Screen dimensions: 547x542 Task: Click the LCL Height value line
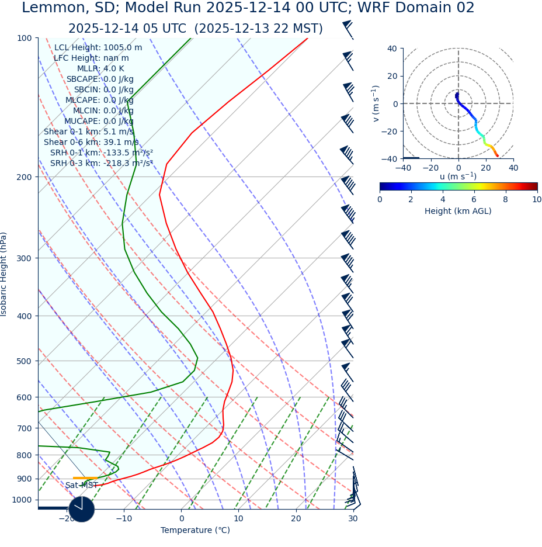[98, 48]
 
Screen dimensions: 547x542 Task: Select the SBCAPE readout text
[100, 79]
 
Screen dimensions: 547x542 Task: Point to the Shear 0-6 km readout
[91, 142]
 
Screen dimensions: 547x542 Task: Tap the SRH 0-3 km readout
[102, 163]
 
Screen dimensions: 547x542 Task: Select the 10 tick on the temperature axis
[238, 518]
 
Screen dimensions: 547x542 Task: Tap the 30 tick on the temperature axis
[353, 518]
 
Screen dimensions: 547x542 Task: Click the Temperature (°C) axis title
[195, 531]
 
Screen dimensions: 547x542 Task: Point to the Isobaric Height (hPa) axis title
[4, 274]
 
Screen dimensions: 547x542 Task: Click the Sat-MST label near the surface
[81, 486]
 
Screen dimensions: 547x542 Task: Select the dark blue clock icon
[81, 509]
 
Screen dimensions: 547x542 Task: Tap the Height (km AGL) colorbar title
[458, 212]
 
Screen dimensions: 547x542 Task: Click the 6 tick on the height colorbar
[474, 199]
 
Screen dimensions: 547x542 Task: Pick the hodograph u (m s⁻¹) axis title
[458, 176]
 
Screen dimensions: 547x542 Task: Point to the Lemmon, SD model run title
[248, 8]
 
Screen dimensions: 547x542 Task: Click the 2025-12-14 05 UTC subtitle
[195, 29]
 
